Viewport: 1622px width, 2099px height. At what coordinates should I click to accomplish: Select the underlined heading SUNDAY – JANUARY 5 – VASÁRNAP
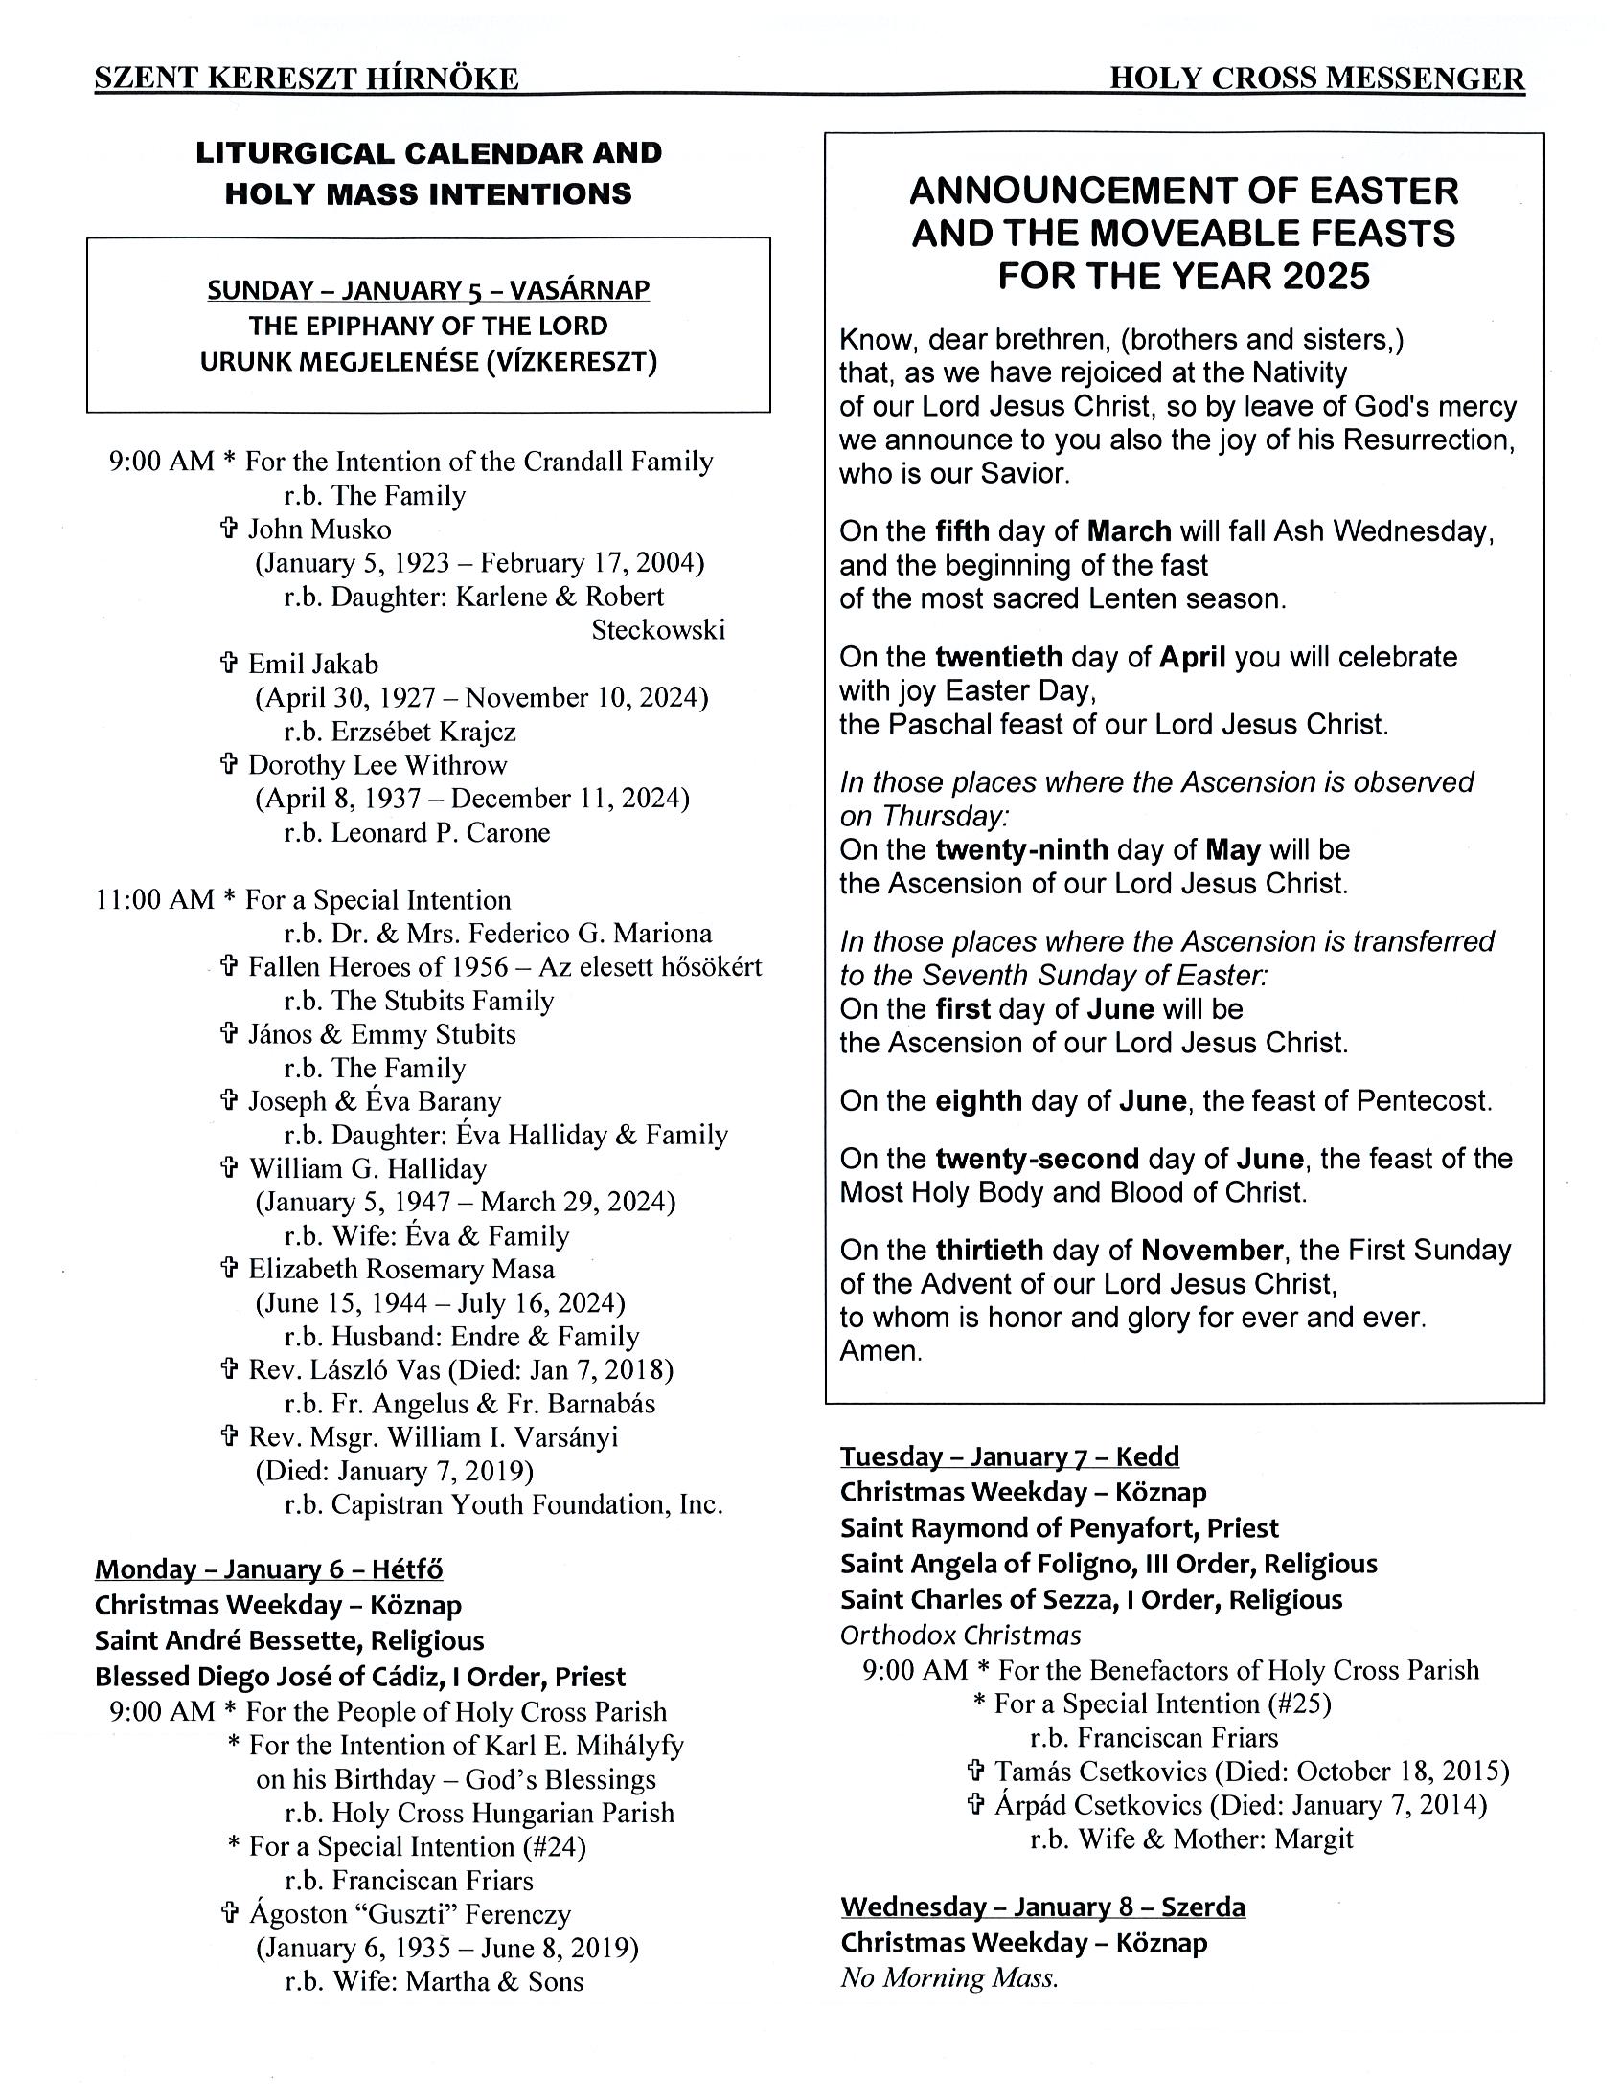(x=428, y=289)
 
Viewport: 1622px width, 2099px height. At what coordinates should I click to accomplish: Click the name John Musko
(x=319, y=529)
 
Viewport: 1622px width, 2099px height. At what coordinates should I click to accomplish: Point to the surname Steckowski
(x=657, y=629)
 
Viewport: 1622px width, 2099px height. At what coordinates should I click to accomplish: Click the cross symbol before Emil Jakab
(x=229, y=663)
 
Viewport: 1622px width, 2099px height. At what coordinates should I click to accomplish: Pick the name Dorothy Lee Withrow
(x=377, y=765)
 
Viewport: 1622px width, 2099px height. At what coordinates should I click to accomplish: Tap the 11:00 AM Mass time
(x=155, y=899)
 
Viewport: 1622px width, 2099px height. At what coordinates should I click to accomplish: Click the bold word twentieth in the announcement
(x=998, y=658)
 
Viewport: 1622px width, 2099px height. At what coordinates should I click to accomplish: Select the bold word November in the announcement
(x=1211, y=1250)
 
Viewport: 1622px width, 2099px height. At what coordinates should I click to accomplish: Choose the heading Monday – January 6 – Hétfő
(x=268, y=1569)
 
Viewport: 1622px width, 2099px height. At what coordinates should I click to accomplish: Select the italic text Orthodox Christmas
(x=960, y=1635)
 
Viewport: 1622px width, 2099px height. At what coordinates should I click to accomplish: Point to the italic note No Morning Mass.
(x=948, y=1977)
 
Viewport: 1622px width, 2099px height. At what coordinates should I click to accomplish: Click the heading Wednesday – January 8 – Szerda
(x=1042, y=1907)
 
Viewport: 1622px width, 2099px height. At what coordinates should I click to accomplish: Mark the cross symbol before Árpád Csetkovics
(x=975, y=1804)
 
